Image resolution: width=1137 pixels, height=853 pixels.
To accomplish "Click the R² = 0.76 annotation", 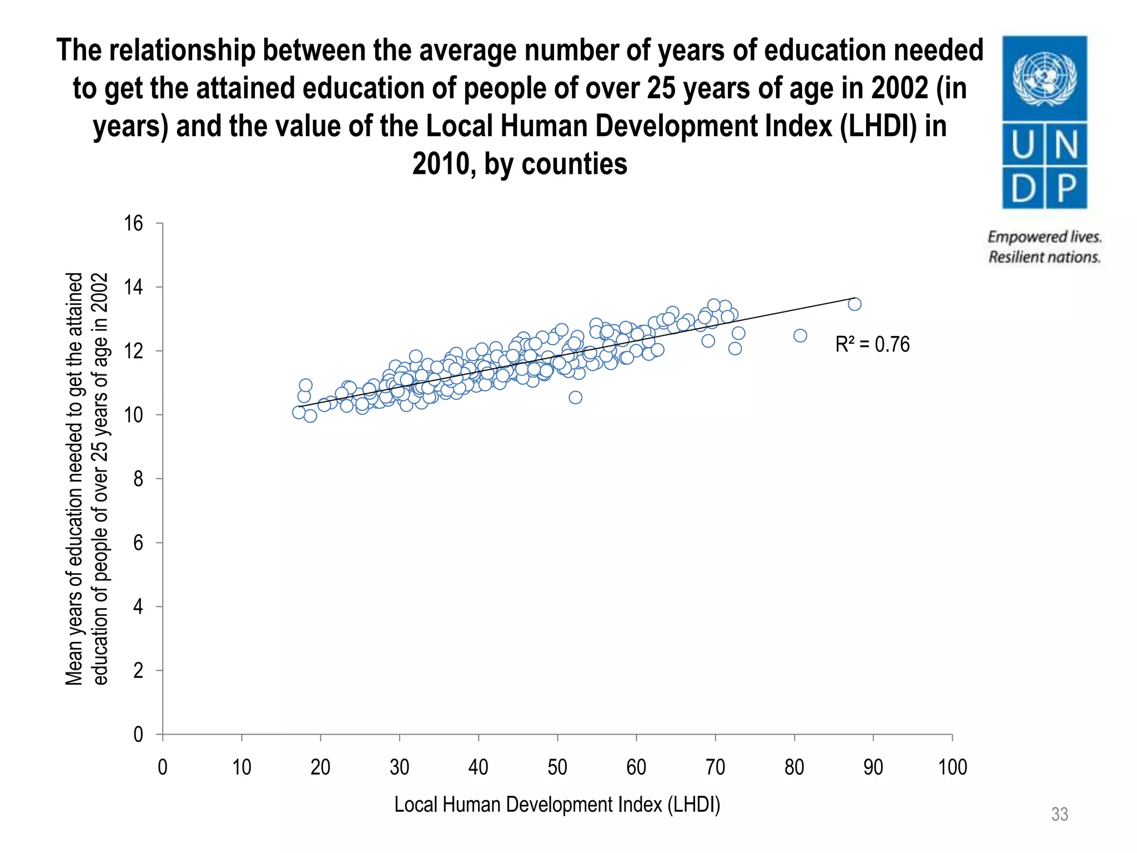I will tap(872, 344).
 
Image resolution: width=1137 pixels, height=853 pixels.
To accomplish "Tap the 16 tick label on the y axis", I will tap(133, 224).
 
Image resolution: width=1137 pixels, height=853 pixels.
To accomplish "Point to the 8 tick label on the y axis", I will tap(138, 479).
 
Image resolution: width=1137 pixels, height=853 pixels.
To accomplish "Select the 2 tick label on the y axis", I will tap(138, 671).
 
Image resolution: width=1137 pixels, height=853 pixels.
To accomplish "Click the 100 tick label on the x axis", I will tap(952, 767).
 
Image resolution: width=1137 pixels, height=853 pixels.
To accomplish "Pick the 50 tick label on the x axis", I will tap(557, 767).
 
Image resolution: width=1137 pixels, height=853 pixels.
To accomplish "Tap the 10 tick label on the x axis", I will tap(242, 767).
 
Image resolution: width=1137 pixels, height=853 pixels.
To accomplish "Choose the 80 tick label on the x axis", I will tap(794, 767).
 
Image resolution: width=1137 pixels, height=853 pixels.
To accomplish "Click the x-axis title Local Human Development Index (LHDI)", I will tap(557, 805).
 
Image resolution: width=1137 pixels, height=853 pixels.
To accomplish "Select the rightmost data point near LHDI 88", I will tap(854, 304).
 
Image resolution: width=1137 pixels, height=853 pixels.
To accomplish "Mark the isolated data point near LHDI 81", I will tap(800, 335).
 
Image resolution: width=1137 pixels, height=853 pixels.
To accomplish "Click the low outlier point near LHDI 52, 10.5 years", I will tap(575, 397).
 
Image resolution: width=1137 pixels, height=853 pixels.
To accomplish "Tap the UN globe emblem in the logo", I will tap(1044, 78).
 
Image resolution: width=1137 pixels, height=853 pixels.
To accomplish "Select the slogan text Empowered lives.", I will tap(1044, 237).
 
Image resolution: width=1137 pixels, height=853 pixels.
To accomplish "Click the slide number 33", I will tap(1059, 815).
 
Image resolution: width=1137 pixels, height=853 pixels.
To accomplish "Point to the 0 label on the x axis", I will tap(163, 767).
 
